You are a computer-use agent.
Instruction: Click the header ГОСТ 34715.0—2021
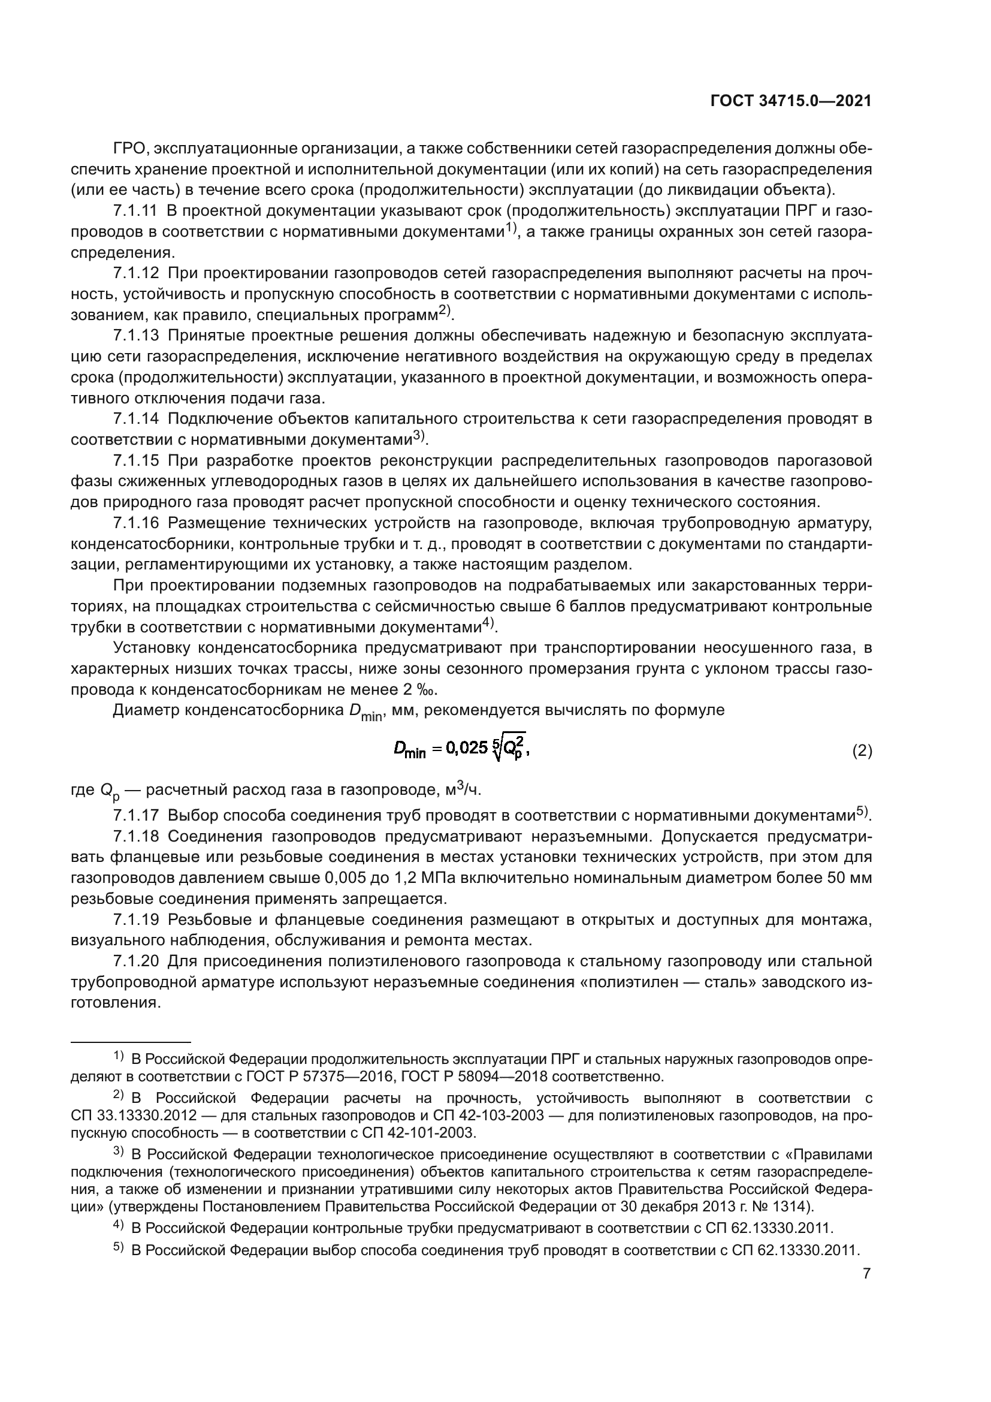click(x=791, y=101)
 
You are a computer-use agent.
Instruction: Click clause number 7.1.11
click(x=136, y=211)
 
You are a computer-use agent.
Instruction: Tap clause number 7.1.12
click(x=136, y=273)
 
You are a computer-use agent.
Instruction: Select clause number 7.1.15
click(x=136, y=460)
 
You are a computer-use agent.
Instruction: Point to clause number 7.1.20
click(x=136, y=961)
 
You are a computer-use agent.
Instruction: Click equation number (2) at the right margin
click(x=862, y=751)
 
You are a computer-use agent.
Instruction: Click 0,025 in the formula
click(x=467, y=748)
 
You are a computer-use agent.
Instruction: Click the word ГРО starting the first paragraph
click(x=132, y=149)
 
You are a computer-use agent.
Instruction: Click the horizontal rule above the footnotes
click(x=131, y=1042)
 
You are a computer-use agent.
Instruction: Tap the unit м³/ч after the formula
click(x=463, y=791)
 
